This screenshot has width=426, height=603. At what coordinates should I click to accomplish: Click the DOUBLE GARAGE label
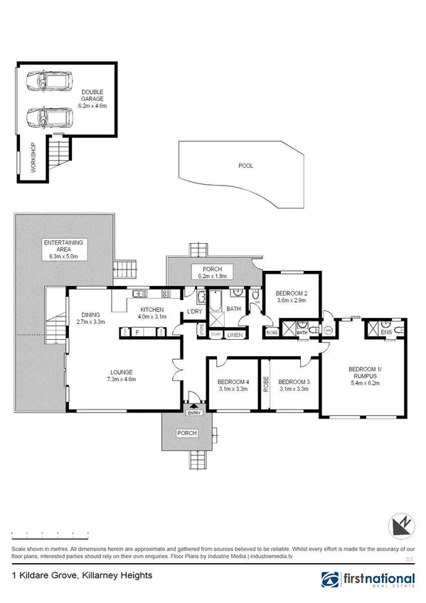tap(92, 92)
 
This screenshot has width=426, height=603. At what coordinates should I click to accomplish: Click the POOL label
tap(245, 166)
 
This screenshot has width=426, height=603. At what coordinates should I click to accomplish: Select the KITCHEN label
tap(152, 310)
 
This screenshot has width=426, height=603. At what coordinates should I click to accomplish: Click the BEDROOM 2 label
tap(291, 294)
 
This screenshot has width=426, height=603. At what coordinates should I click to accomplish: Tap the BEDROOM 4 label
tap(233, 382)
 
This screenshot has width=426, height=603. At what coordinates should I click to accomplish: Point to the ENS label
tap(386, 332)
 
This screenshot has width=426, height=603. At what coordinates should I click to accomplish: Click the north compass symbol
tap(400, 527)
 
